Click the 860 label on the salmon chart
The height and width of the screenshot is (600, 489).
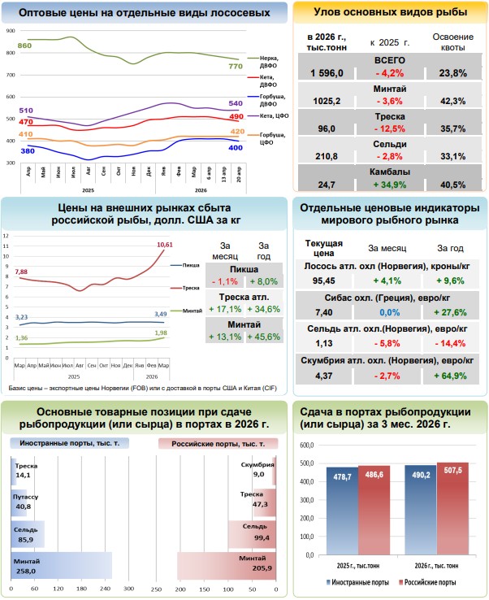[x=24, y=46]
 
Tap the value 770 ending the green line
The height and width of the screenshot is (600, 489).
[x=235, y=66]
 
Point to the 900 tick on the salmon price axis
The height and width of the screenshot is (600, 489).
[x=10, y=29]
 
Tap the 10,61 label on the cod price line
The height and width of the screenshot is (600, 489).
[x=165, y=244]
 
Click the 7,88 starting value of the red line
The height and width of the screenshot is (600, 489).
[x=22, y=272]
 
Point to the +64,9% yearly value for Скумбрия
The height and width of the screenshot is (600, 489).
[x=452, y=376]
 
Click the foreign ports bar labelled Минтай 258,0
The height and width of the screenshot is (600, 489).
[x=61, y=563]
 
